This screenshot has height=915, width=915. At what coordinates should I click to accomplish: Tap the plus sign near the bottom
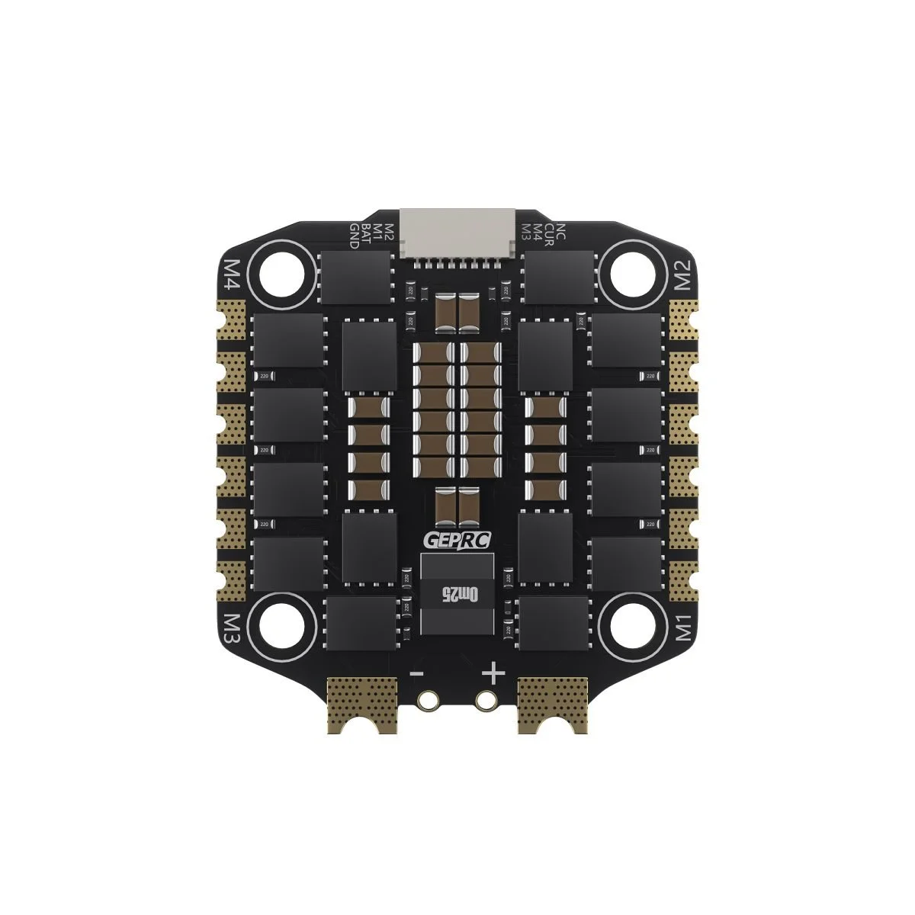coord(494,673)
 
